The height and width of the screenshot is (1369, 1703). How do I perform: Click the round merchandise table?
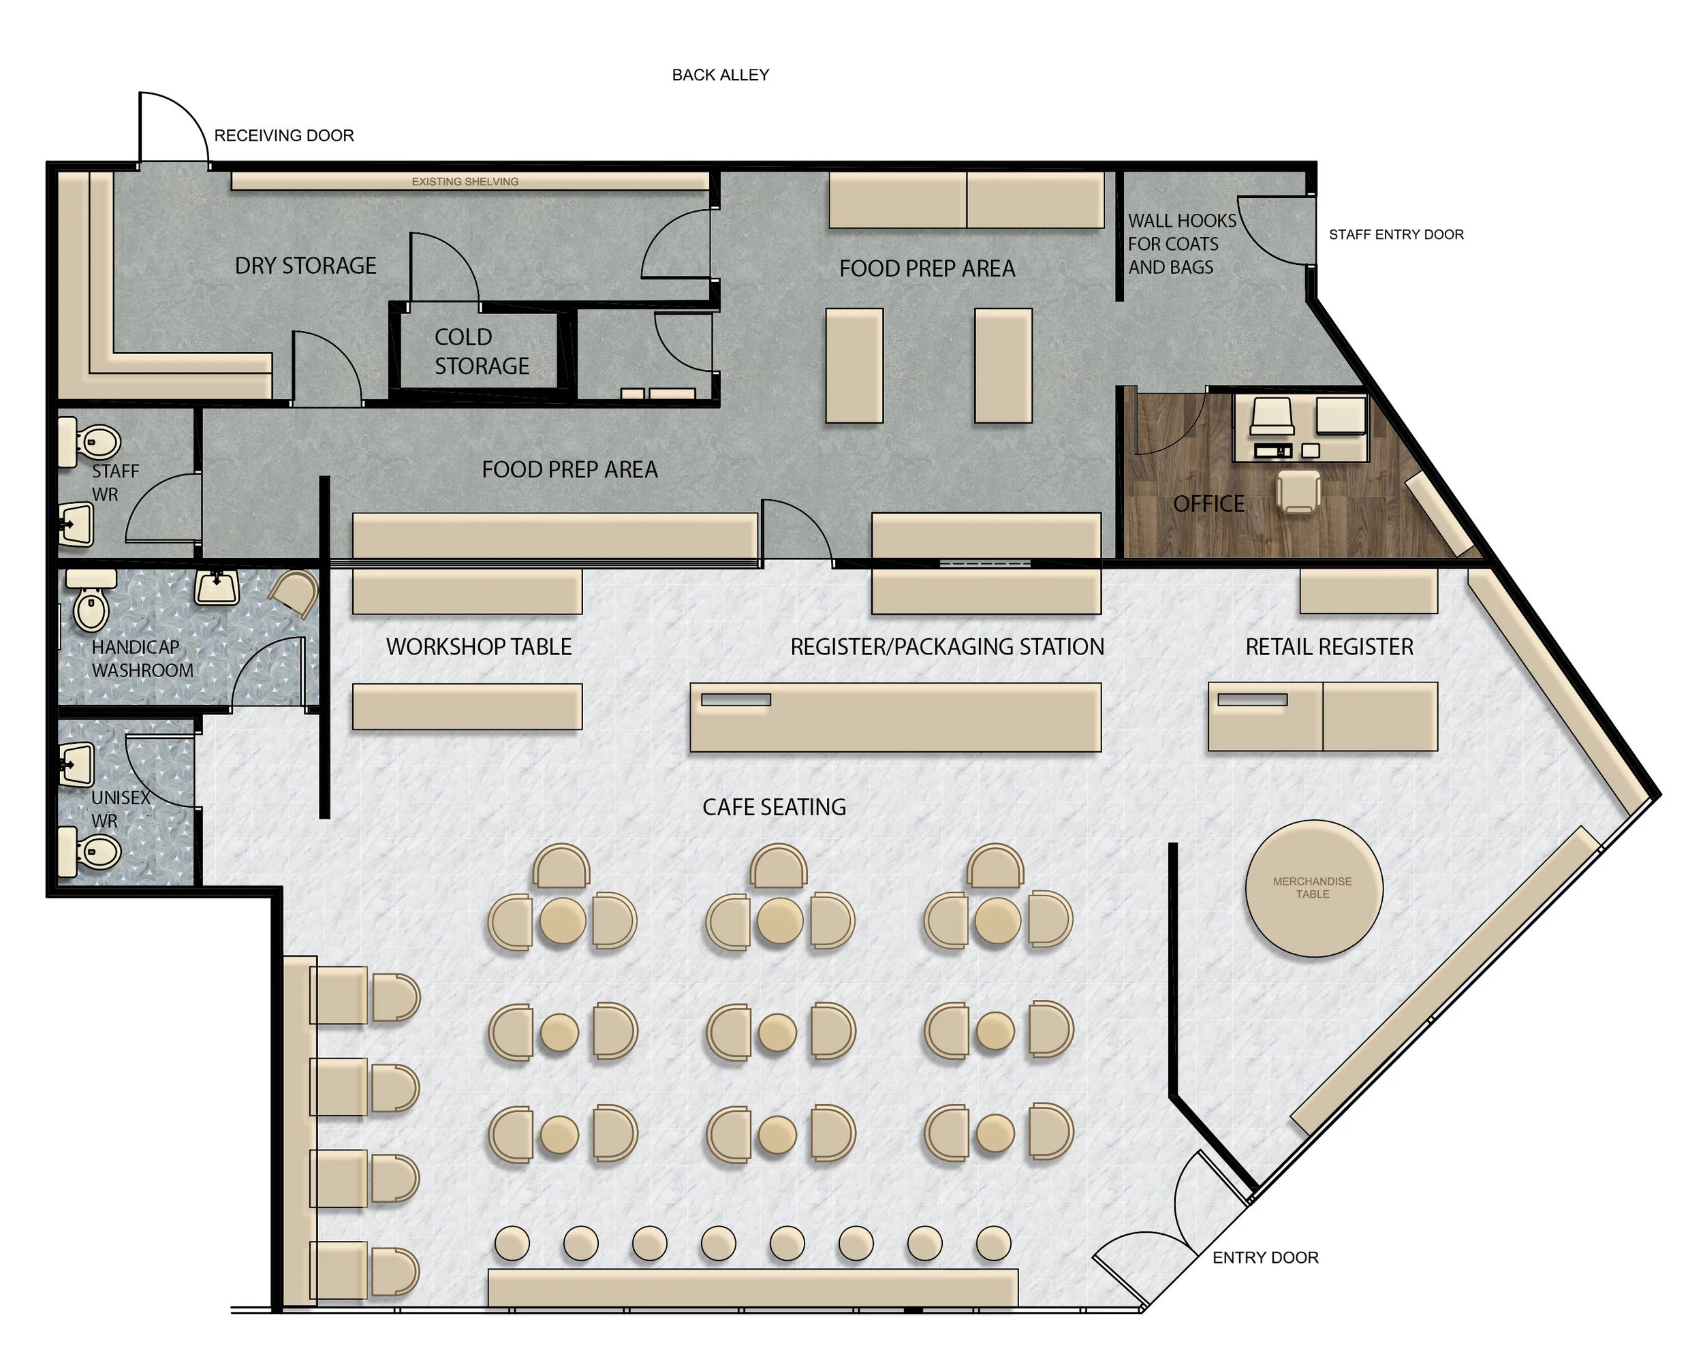[1313, 888]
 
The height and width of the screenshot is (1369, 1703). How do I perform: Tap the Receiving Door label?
[283, 136]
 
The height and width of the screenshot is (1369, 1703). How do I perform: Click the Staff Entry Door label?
[1396, 234]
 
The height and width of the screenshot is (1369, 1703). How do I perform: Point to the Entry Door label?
[1266, 1257]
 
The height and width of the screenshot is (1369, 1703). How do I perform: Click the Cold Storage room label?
[482, 351]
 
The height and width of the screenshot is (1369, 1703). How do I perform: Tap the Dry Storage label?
[306, 266]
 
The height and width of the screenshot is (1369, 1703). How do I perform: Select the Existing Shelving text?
[465, 182]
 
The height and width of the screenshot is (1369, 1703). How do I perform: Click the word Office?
[1208, 504]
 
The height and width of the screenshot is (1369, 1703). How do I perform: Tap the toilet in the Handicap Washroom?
[91, 601]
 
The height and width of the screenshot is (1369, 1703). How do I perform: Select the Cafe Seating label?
[774, 807]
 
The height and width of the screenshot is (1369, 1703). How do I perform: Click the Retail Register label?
[1330, 647]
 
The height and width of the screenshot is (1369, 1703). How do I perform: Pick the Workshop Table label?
[479, 647]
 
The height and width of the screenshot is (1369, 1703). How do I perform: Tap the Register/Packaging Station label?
[947, 647]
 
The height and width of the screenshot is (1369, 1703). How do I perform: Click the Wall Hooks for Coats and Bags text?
[1182, 244]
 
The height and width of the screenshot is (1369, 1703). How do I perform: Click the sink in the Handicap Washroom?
[217, 587]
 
